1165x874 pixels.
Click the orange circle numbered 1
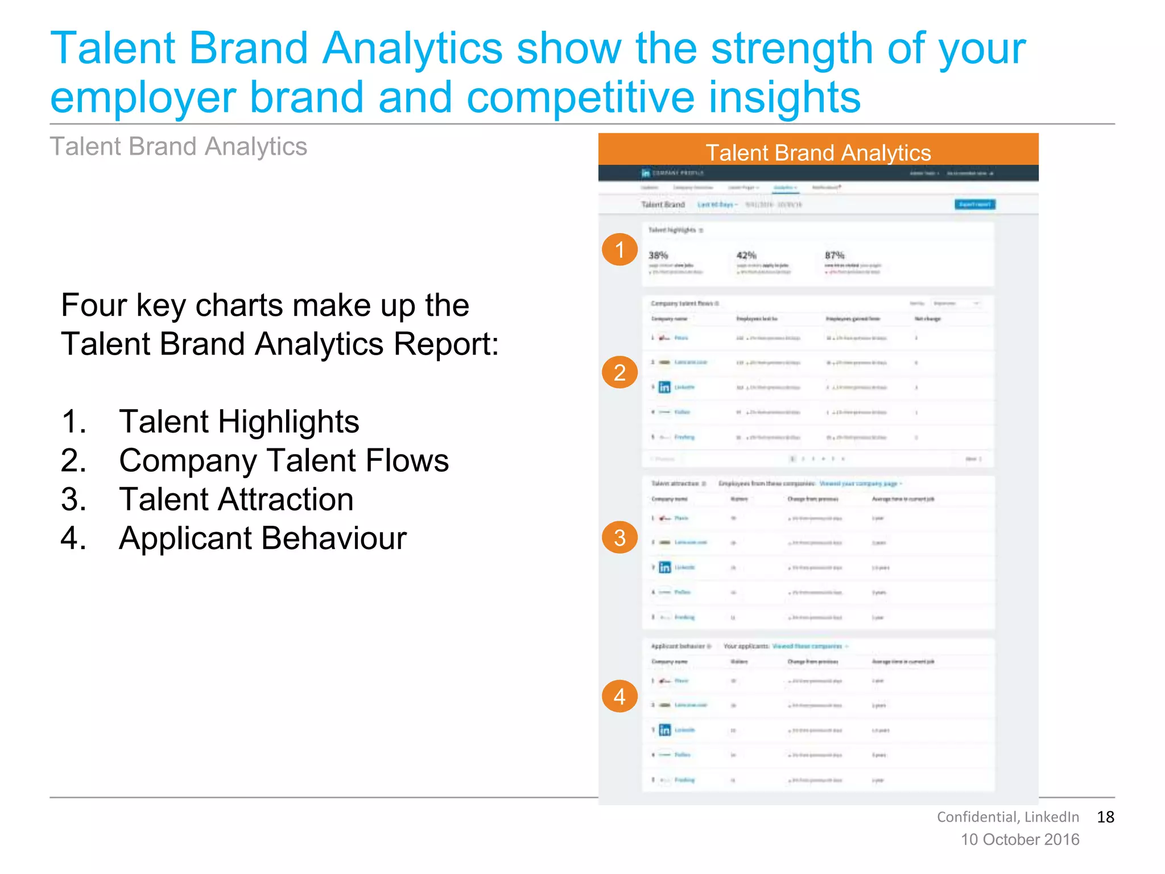tap(619, 249)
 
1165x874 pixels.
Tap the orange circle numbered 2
tap(619, 372)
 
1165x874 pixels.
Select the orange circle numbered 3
tap(619, 538)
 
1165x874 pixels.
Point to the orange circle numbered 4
tap(619, 696)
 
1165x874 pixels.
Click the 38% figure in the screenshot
tap(658, 255)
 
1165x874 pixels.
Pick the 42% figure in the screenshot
tap(746, 255)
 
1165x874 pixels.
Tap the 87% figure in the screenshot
tap(834, 255)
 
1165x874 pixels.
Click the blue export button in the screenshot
tap(974, 204)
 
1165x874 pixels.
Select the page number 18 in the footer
tap(1105, 817)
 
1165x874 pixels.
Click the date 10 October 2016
tap(1020, 840)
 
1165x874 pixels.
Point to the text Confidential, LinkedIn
tap(1007, 817)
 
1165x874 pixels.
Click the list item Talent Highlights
tap(239, 422)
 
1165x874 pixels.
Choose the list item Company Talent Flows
tap(283, 460)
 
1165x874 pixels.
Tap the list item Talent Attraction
tap(236, 500)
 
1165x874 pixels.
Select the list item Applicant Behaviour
tap(262, 538)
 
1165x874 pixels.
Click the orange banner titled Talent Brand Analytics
tap(818, 152)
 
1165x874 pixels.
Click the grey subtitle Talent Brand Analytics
tap(179, 147)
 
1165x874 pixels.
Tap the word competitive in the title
tap(580, 98)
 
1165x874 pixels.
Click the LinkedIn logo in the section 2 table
tap(664, 387)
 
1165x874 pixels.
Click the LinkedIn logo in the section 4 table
tap(664, 730)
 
